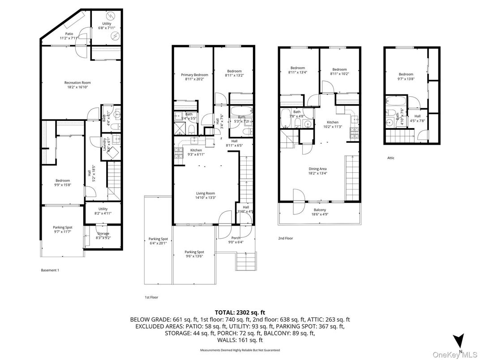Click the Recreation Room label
[x=77, y=82]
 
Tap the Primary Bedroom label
[x=194, y=75]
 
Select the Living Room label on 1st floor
[x=205, y=193]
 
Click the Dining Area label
[x=317, y=169]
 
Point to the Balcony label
[x=320, y=210]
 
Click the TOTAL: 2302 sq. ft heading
[x=240, y=313]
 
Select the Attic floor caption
[x=391, y=158]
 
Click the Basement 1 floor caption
[x=50, y=270]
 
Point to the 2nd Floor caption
[x=285, y=238]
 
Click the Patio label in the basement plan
[x=69, y=34]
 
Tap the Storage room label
[x=103, y=233]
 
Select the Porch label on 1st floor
[x=236, y=238]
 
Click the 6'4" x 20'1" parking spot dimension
[x=158, y=244]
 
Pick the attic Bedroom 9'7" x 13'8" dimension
[x=406, y=79]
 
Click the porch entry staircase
[x=246, y=260]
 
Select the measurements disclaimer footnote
[x=240, y=350]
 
